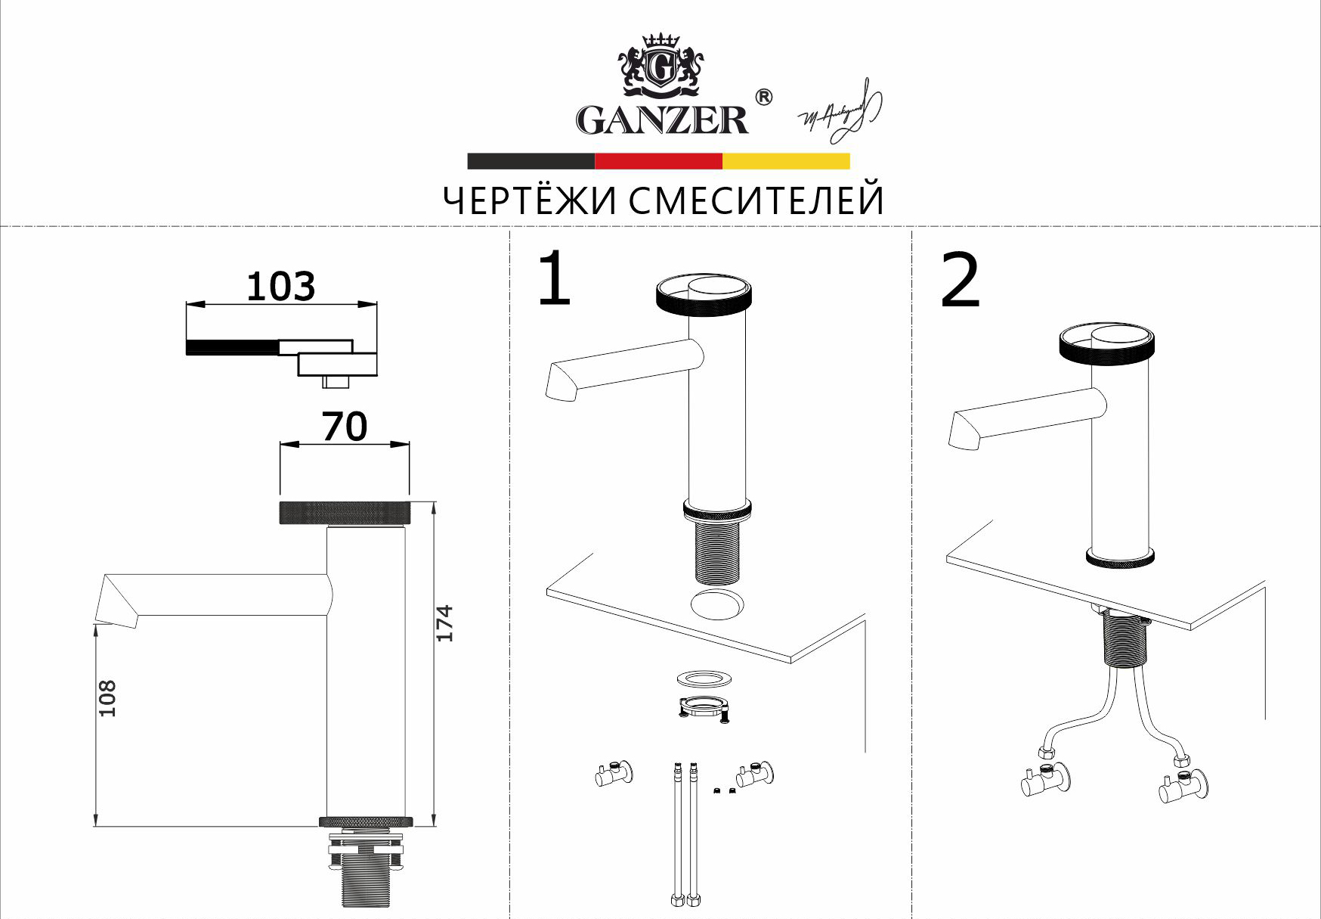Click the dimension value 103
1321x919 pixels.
coord(280,287)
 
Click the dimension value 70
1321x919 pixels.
coord(345,427)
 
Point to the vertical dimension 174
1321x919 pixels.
coord(445,623)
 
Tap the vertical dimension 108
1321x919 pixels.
coord(108,697)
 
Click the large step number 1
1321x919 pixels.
coord(554,279)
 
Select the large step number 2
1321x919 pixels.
coord(960,281)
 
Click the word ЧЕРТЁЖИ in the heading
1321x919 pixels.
coord(528,201)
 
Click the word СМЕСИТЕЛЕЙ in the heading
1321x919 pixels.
coord(756,201)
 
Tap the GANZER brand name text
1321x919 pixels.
coord(662,120)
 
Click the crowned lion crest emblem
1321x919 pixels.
coord(661,67)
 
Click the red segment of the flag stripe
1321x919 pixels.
coord(658,161)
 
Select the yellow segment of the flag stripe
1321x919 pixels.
coord(786,161)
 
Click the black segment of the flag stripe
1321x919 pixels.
coord(531,161)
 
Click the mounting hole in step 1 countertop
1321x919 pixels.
coord(717,605)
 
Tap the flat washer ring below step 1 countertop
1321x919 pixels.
coord(704,678)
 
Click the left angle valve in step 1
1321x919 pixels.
coord(614,774)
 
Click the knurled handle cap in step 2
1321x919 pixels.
coord(1106,345)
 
